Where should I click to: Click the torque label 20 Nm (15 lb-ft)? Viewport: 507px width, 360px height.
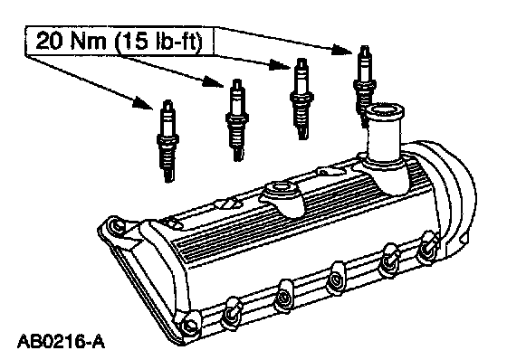119,42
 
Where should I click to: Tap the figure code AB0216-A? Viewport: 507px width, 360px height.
62,342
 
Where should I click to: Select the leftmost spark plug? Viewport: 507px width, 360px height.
167,141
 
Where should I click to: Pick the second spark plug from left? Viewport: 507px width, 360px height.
237,120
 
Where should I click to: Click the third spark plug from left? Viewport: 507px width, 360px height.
301,99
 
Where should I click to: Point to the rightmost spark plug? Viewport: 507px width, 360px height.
365,86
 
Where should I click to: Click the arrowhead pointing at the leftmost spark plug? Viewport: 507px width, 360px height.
143,103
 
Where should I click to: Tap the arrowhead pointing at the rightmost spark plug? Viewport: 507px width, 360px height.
343,50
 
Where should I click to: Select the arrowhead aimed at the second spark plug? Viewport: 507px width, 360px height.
214,82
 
